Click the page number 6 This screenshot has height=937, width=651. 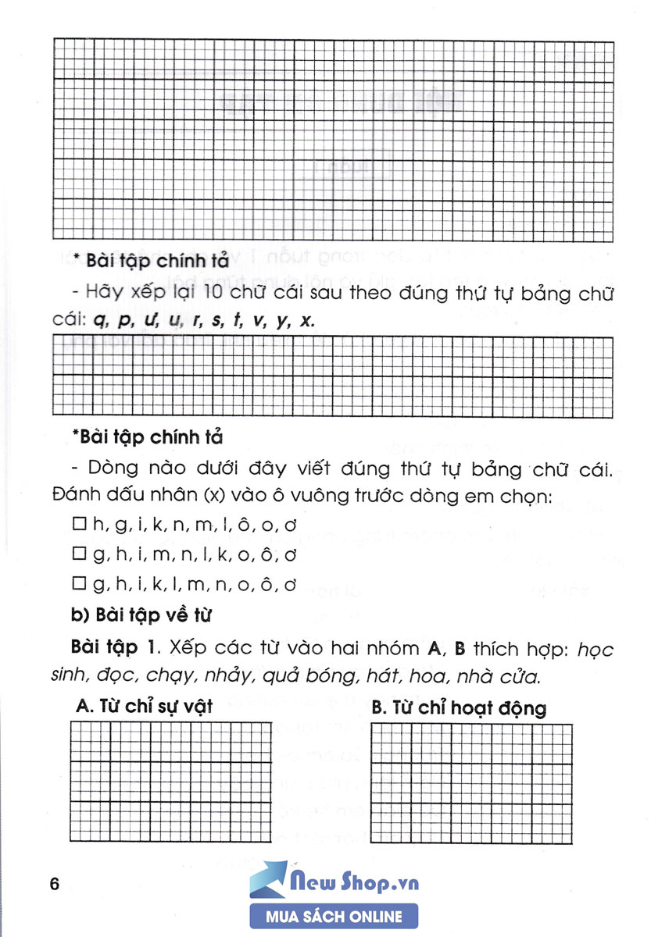tap(54, 885)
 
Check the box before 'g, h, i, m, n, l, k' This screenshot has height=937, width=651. tap(77, 555)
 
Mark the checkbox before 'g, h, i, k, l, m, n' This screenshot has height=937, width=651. tap(77, 584)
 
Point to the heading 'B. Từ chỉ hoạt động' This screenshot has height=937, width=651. tap(460, 708)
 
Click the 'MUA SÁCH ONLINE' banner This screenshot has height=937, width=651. tap(334, 917)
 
